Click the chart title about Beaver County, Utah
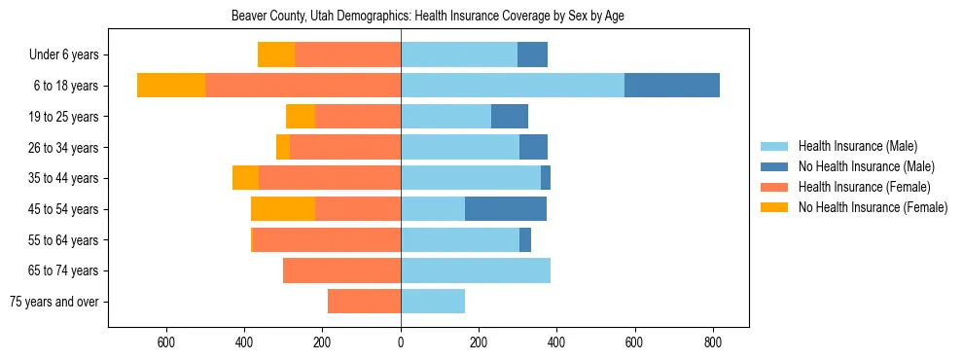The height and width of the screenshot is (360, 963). coord(433,17)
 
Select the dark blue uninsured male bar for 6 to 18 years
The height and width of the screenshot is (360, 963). coord(672,86)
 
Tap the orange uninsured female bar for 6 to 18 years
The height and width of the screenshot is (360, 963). coord(171,86)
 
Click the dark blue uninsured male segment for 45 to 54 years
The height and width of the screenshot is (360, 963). coord(506,209)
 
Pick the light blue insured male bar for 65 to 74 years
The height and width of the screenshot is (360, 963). coord(476,270)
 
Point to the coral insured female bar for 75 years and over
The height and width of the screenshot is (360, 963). coord(364,302)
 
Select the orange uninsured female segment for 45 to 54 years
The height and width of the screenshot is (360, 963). coord(283,209)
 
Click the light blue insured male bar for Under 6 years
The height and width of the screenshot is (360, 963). coord(459,54)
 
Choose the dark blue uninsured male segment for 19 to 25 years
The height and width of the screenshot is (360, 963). coord(510,117)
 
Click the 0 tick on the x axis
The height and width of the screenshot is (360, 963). coord(401,342)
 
